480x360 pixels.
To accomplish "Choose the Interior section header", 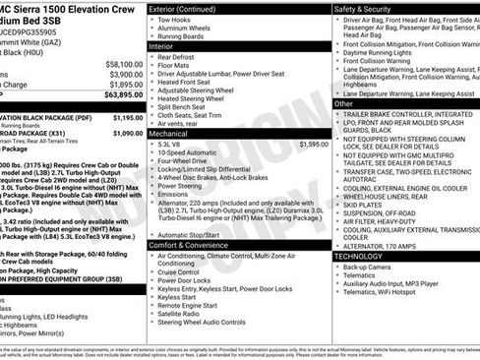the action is tap(161, 47).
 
